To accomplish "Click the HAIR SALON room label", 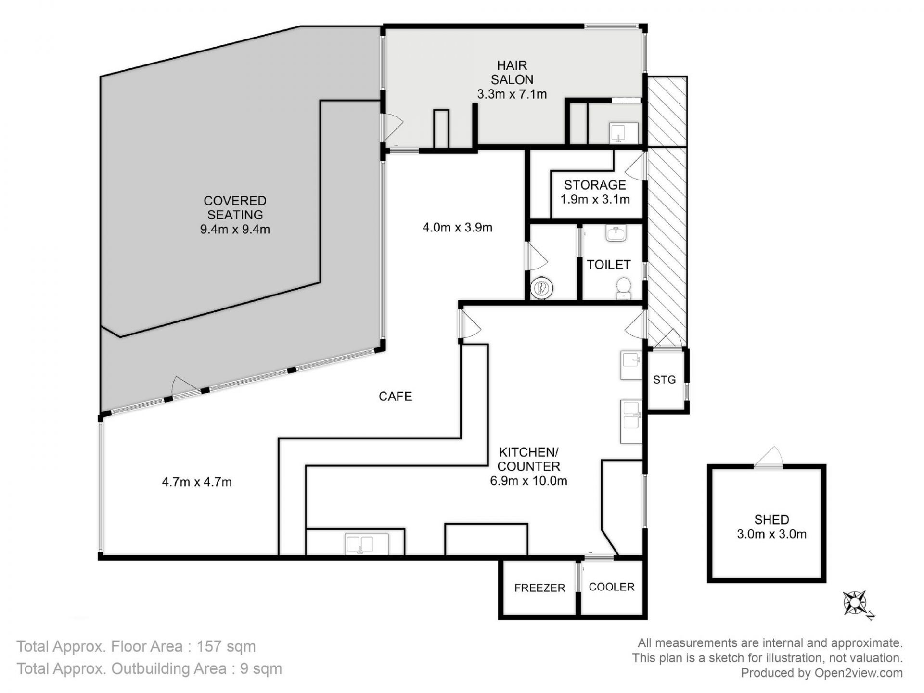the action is point(512,72).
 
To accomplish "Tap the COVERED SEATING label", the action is point(235,207).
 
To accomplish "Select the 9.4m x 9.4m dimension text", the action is point(235,229).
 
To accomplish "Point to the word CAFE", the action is point(395,396).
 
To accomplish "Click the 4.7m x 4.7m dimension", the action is point(197,482).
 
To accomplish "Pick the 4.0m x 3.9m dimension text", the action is point(457,227).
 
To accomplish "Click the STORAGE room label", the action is point(595,185).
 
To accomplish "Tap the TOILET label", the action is point(608,264).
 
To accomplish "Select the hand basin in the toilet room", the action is point(616,233).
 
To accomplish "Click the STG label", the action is point(664,380).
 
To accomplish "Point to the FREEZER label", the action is point(539,588).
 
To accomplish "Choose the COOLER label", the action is point(612,587).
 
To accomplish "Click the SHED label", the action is point(771,519).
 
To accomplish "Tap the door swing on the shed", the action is point(770,456).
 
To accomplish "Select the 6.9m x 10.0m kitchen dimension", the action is point(528,480).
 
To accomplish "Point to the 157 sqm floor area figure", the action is point(226,646).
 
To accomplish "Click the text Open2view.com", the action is point(858,673).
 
